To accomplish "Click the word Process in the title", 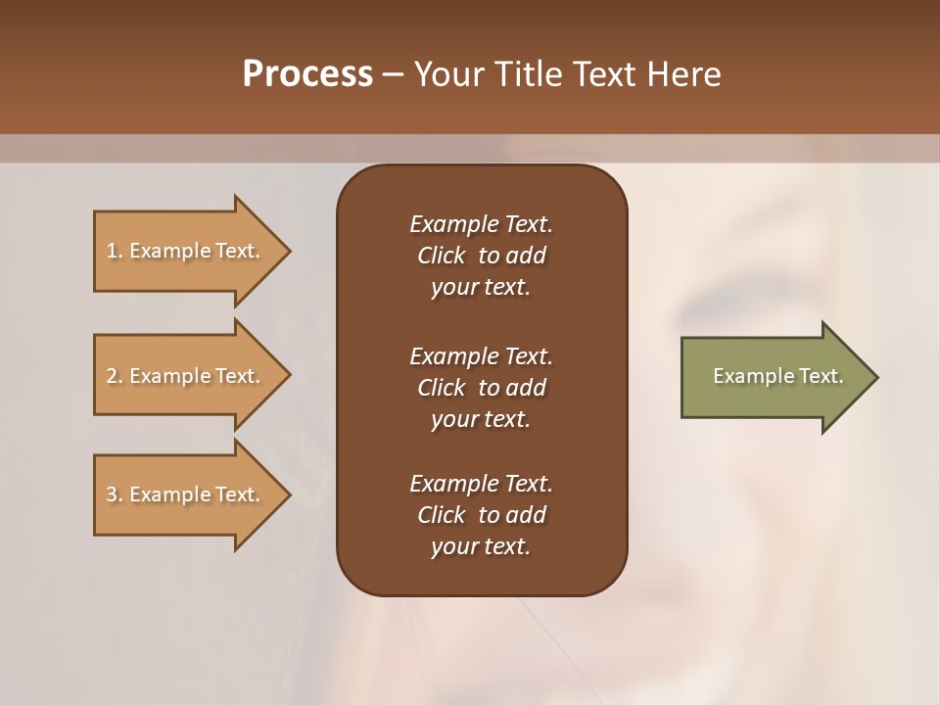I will tap(307, 74).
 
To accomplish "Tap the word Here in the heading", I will tap(683, 74).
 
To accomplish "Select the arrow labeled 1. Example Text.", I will tap(186, 251).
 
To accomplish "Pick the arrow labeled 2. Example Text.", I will tap(186, 376).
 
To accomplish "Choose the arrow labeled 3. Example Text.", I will tap(186, 494).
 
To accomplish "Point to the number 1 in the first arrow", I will tap(112, 251).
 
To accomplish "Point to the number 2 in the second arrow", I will tap(112, 376).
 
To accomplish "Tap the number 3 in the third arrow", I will tap(112, 494).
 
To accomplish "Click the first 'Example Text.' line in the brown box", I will tap(481, 224).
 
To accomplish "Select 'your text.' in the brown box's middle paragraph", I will tap(481, 419).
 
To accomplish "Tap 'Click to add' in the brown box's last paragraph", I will tap(481, 515).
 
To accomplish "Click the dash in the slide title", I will tap(393, 74).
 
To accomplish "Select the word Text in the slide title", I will tap(604, 74).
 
